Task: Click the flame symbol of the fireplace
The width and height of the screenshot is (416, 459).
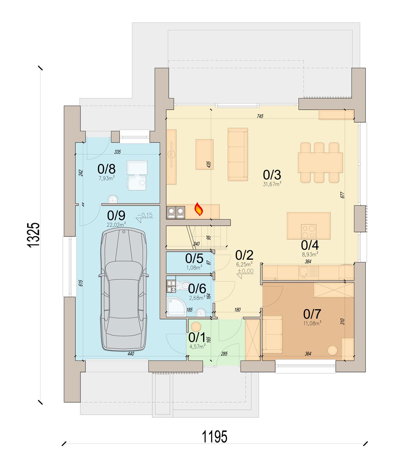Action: tap(199, 209)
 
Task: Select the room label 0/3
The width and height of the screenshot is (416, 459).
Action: tap(272, 175)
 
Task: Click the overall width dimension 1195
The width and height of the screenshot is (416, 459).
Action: tap(214, 437)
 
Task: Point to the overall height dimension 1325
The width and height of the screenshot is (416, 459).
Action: tap(33, 235)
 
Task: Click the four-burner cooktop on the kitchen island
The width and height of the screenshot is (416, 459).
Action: tap(309, 232)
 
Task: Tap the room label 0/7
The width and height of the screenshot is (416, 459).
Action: tap(312, 314)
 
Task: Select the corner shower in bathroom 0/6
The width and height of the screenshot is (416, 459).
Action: tap(176, 307)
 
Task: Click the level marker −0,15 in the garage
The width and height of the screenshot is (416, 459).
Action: tap(145, 215)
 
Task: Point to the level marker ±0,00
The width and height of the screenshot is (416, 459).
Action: tap(245, 271)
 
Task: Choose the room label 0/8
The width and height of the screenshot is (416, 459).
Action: tap(106, 169)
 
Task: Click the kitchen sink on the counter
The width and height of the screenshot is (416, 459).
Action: tap(308, 272)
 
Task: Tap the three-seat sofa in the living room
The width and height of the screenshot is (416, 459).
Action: tap(238, 155)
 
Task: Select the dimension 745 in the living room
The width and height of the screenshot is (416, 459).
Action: tap(260, 116)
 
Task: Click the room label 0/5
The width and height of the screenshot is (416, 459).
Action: tap(194, 258)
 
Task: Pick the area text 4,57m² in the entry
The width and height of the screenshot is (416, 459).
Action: tap(197, 347)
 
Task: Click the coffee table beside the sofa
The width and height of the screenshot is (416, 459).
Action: tap(204, 155)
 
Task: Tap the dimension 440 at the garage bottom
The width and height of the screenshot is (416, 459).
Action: tap(131, 354)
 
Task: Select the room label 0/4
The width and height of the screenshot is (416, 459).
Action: tap(310, 245)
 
